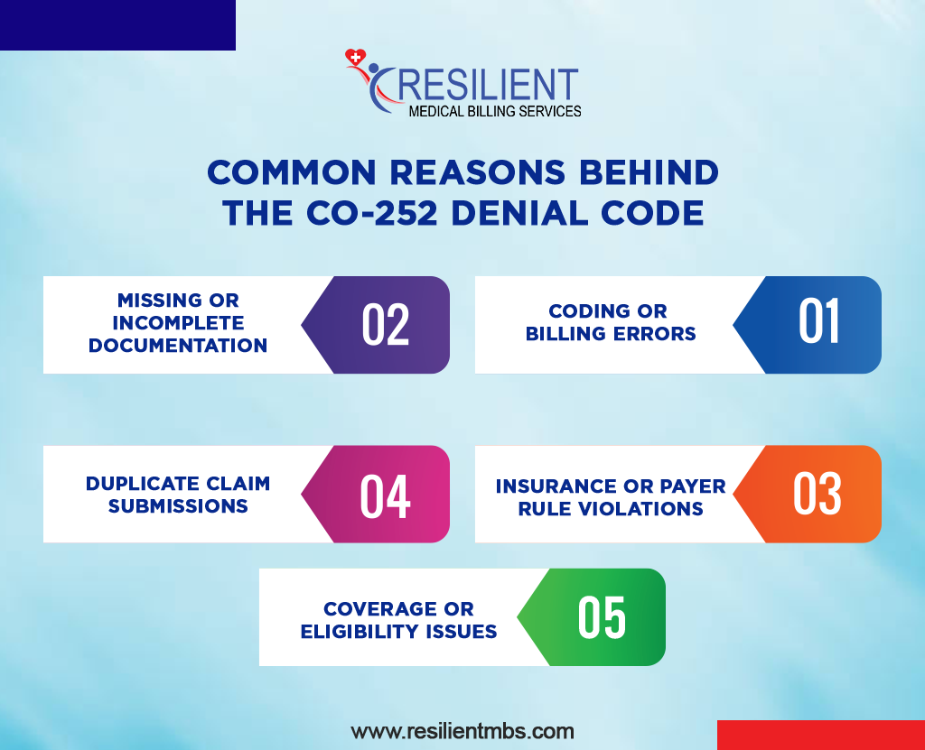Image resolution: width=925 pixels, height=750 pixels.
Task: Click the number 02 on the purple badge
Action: point(386,325)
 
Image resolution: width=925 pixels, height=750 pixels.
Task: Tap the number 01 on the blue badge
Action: point(819,322)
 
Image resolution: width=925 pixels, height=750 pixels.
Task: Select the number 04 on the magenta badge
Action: point(386,495)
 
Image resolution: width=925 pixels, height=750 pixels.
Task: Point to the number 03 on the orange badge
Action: point(818,494)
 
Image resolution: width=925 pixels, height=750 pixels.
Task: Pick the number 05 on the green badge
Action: point(602,617)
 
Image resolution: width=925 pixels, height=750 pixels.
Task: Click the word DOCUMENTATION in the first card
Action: point(178,346)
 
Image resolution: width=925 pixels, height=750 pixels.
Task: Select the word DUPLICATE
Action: point(135,484)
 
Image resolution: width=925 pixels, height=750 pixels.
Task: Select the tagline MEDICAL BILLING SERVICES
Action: point(495,111)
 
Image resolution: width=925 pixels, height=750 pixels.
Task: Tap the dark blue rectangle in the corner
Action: point(117,24)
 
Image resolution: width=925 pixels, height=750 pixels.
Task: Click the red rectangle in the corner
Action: point(820,735)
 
